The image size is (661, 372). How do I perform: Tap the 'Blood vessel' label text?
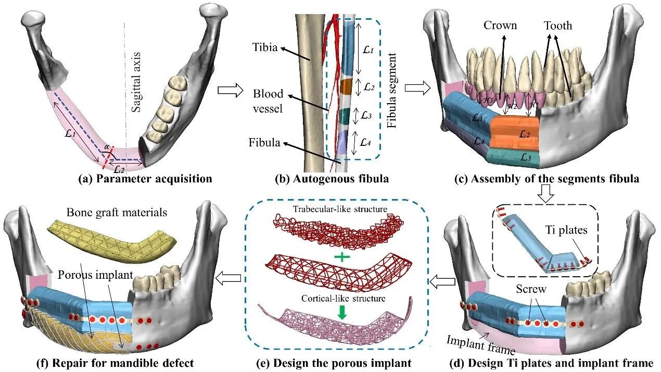268,101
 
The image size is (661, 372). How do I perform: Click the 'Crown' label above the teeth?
500,25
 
